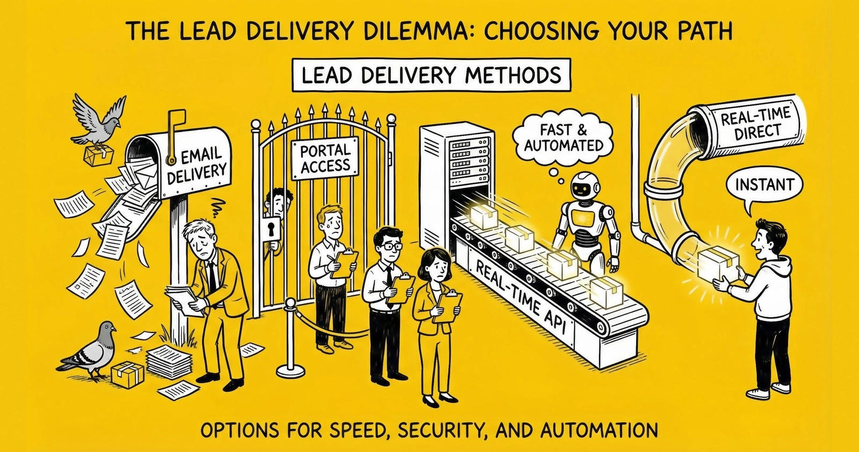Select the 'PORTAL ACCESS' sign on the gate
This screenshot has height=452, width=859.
pos(325,158)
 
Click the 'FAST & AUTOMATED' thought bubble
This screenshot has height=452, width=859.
pos(564,138)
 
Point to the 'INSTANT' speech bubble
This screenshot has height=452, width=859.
pos(764,185)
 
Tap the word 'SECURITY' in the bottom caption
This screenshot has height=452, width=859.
pos(426,430)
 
